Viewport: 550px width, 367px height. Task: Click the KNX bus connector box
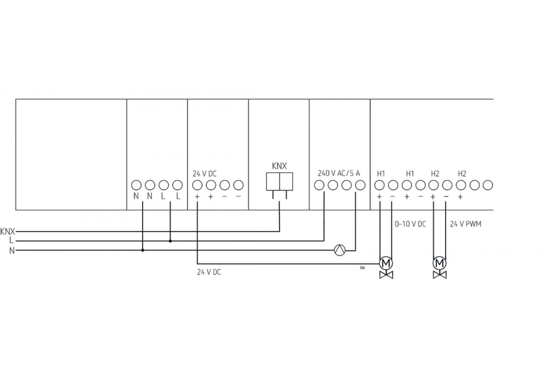(280, 181)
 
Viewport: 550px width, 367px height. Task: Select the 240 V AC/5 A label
(339, 173)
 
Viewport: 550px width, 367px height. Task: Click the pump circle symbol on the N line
(340, 250)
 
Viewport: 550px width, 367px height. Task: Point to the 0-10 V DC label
(410, 224)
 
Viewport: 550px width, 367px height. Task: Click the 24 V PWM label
(465, 224)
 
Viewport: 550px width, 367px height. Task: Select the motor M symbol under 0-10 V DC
(385, 263)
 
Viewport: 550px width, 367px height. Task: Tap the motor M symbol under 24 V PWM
(440, 263)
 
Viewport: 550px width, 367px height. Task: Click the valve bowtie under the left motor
(385, 275)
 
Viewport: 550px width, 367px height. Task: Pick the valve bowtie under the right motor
(440, 275)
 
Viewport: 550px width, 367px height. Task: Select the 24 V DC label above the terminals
(205, 173)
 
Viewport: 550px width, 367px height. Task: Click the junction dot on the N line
(143, 250)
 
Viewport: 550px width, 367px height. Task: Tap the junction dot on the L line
(170, 241)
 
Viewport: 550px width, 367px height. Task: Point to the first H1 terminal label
(381, 173)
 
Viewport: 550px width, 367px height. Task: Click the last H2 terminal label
(462, 173)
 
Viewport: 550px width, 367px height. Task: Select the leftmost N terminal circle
(136, 185)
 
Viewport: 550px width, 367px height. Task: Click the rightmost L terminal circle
(177, 185)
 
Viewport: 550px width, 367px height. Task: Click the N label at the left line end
(11, 250)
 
